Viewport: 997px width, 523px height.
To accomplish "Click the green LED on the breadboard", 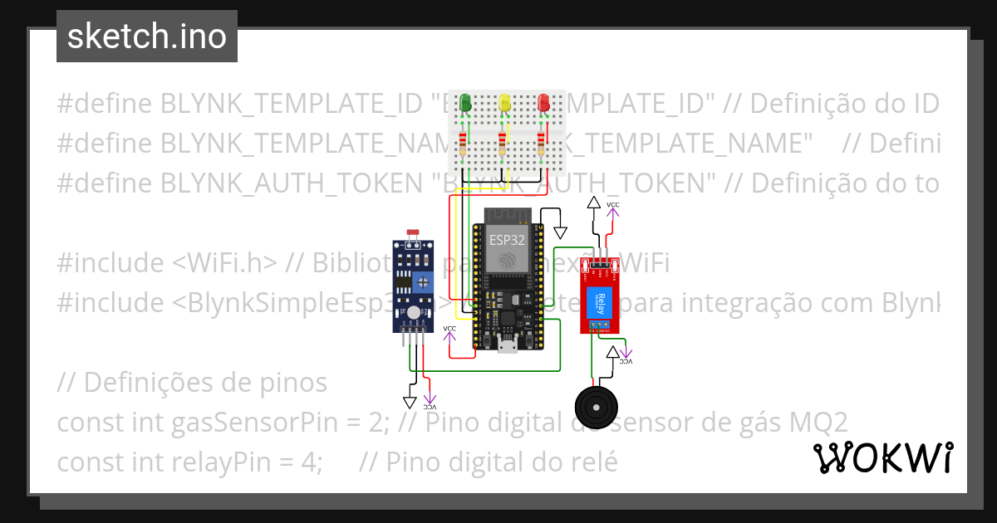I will pyautogui.click(x=466, y=103).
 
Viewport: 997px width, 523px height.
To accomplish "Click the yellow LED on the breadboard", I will pyautogui.click(x=504, y=103).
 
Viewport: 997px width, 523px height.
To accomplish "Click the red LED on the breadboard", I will pyautogui.click(x=543, y=103).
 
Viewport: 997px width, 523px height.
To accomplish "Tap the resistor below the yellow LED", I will pyautogui.click(x=502, y=146).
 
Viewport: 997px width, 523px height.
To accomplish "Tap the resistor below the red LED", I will pyautogui.click(x=542, y=146).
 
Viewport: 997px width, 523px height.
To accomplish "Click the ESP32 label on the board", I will pyautogui.click(x=506, y=240).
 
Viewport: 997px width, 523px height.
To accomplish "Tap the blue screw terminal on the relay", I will pyautogui.click(x=600, y=325).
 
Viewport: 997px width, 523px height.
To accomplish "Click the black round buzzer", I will pyautogui.click(x=597, y=408).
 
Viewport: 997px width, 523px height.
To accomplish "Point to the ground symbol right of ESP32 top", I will pyautogui.click(x=560, y=232).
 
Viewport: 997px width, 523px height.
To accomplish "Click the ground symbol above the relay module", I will pyautogui.click(x=593, y=203).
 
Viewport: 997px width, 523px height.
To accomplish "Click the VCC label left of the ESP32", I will pyautogui.click(x=449, y=330).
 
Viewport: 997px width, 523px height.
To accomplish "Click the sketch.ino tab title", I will pyautogui.click(x=147, y=37).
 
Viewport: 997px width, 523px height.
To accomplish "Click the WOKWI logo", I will pyautogui.click(x=883, y=457).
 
